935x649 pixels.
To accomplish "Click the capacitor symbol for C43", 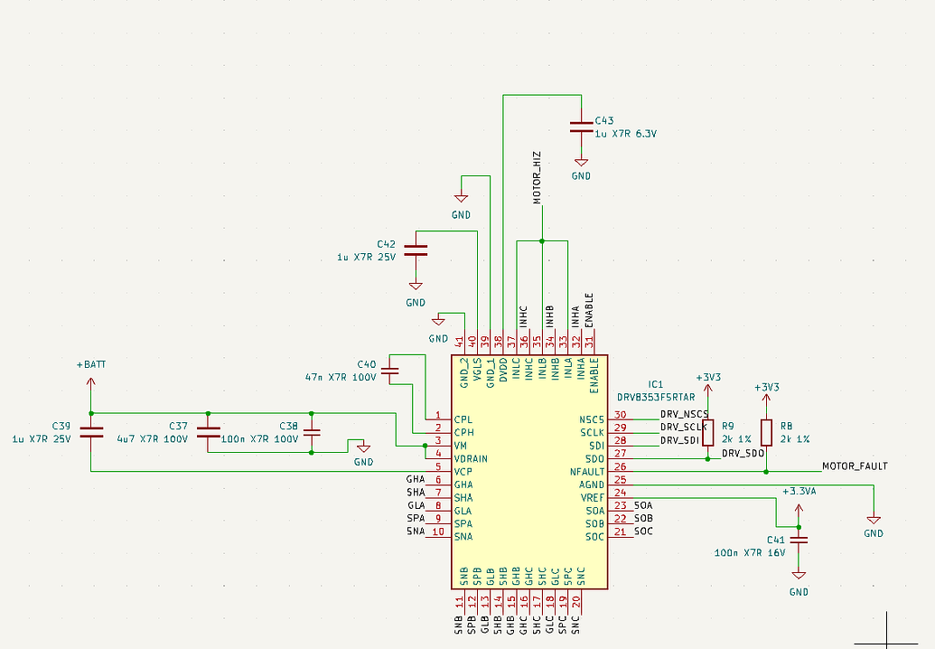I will (581, 127).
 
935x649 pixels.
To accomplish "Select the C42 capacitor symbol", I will (415, 250).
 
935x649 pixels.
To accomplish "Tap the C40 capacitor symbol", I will (390, 371).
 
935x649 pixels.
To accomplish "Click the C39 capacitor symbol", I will (91, 432).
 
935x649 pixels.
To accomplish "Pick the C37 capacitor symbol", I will (208, 432).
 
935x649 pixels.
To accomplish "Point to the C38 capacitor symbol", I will (312, 432).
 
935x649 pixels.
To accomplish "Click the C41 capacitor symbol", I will (798, 540).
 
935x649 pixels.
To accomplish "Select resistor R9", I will (707, 432).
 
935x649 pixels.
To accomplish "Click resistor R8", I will (766, 432).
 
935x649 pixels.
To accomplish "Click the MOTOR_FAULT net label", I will (854, 466).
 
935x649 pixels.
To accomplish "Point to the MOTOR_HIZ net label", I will (537, 177).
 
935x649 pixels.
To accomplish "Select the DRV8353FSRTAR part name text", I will (656, 397).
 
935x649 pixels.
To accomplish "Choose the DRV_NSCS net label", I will (684, 414).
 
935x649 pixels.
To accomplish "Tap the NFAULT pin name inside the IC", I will (587, 472).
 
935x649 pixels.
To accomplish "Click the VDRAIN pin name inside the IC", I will (471, 458).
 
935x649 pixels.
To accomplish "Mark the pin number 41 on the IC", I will (461, 342).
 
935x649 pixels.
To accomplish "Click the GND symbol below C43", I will (581, 165).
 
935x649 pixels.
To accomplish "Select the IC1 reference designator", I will (656, 384).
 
